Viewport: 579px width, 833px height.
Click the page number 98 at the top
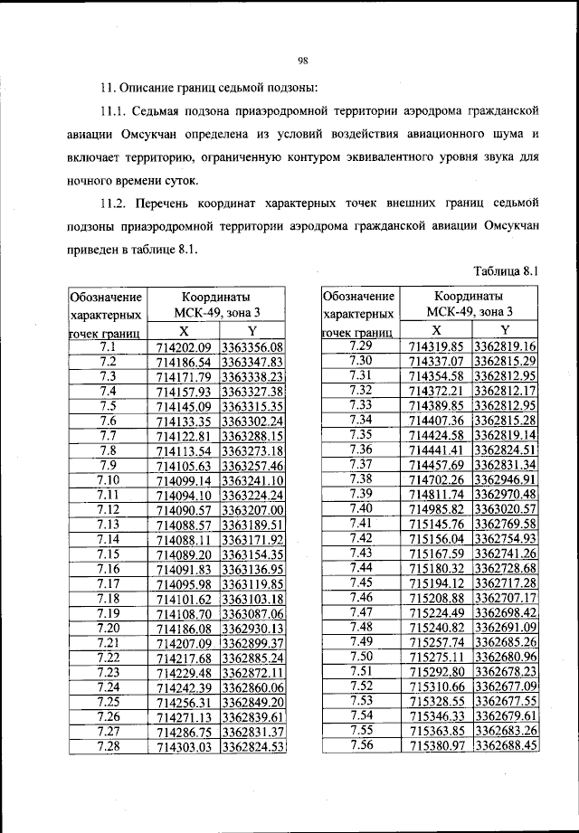(x=303, y=61)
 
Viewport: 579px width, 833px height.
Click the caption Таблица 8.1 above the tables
(x=506, y=270)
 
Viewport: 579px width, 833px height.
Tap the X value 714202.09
(x=183, y=347)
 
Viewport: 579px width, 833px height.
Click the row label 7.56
(x=361, y=744)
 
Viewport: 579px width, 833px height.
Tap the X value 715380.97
(x=437, y=745)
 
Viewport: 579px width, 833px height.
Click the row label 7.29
(x=361, y=346)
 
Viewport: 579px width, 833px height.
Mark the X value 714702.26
(x=437, y=479)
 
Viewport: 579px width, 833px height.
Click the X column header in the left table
(x=183, y=331)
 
